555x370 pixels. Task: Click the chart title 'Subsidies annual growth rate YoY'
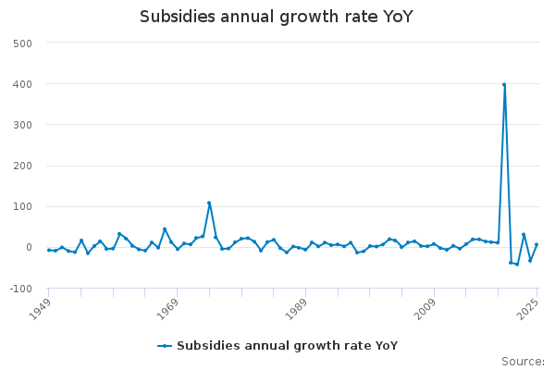point(277,17)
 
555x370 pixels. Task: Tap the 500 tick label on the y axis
point(23,43)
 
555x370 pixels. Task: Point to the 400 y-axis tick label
point(23,84)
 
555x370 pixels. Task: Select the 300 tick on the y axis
point(23,125)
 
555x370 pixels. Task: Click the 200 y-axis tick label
point(23,166)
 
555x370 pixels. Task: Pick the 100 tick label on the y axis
point(23,206)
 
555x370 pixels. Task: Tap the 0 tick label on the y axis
point(29,247)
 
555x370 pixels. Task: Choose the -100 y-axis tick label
point(21,289)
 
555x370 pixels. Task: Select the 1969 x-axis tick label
point(166,307)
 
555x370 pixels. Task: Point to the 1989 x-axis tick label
point(294,307)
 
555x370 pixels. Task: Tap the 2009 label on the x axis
point(423,307)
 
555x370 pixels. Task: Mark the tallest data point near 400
point(504,84)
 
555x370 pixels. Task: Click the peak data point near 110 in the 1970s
point(209,203)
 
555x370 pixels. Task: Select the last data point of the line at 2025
point(536,244)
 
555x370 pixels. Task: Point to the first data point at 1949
point(49,250)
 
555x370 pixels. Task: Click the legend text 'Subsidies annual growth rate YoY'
point(287,346)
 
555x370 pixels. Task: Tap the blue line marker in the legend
point(165,346)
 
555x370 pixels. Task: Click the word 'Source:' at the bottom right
point(523,361)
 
